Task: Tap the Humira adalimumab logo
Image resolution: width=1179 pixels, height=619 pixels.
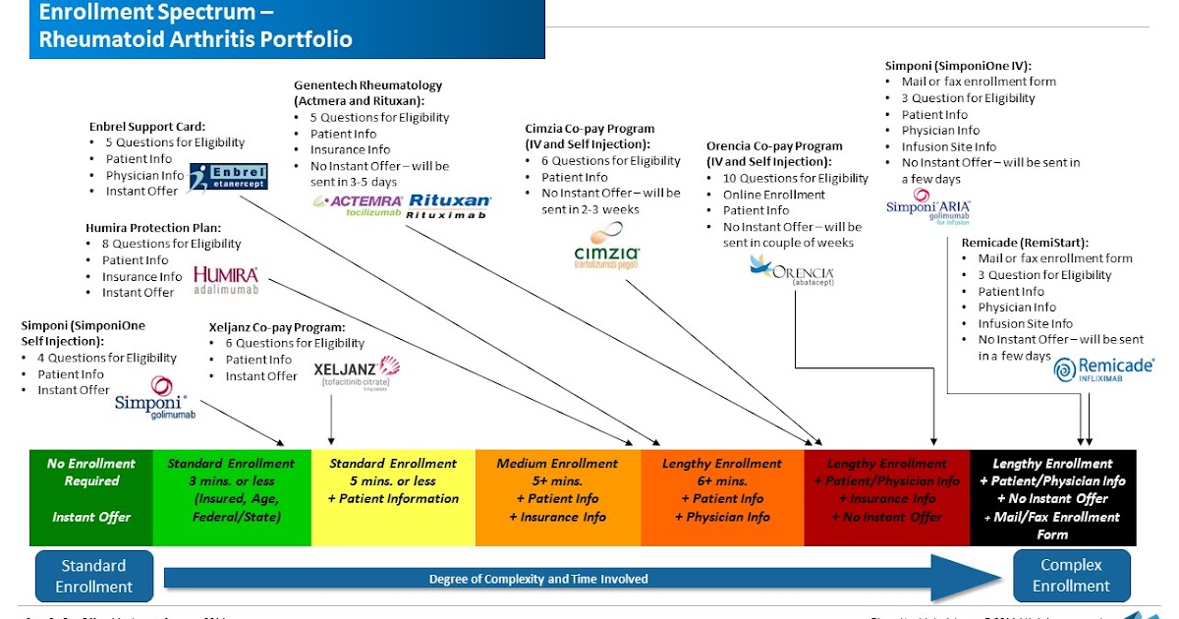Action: click(226, 280)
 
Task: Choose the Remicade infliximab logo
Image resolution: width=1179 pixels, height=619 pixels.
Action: click(1103, 368)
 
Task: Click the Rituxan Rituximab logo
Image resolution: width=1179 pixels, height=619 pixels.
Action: click(449, 205)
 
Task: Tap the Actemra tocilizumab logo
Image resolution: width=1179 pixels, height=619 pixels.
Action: click(358, 205)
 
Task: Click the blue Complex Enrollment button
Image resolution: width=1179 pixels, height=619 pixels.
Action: click(1071, 576)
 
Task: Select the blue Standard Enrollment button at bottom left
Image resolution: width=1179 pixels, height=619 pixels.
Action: click(94, 576)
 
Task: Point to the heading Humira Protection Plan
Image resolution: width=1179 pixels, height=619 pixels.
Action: click(153, 228)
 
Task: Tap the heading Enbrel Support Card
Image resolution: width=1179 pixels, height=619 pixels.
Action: click(147, 127)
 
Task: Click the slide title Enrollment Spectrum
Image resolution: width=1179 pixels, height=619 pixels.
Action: click(157, 14)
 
